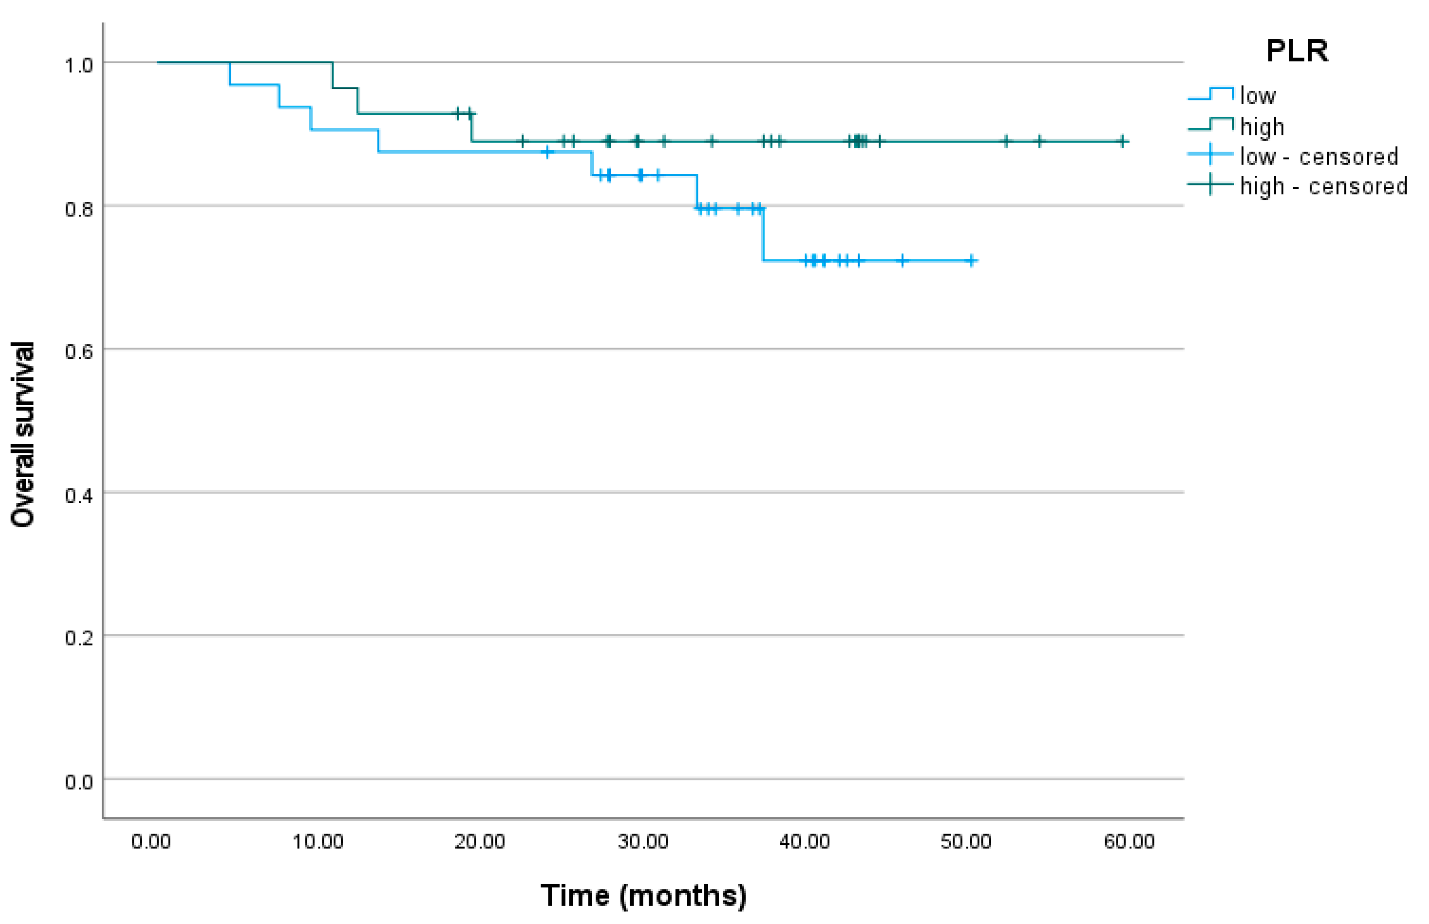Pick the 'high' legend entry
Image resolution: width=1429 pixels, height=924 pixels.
[1262, 127]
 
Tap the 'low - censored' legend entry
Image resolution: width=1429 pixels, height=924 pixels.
[1319, 157]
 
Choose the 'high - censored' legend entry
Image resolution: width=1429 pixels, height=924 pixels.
[1324, 186]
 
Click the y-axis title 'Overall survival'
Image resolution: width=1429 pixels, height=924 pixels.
[23, 434]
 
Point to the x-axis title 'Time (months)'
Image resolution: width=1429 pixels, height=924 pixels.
[643, 896]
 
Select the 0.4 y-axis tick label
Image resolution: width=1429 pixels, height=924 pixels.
[79, 496]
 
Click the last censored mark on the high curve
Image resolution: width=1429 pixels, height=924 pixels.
[1122, 142]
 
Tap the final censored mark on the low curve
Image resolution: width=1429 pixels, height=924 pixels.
[971, 260]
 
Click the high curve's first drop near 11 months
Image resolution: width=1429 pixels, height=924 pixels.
[333, 75]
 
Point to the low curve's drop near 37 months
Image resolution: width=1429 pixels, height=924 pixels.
[763, 235]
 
